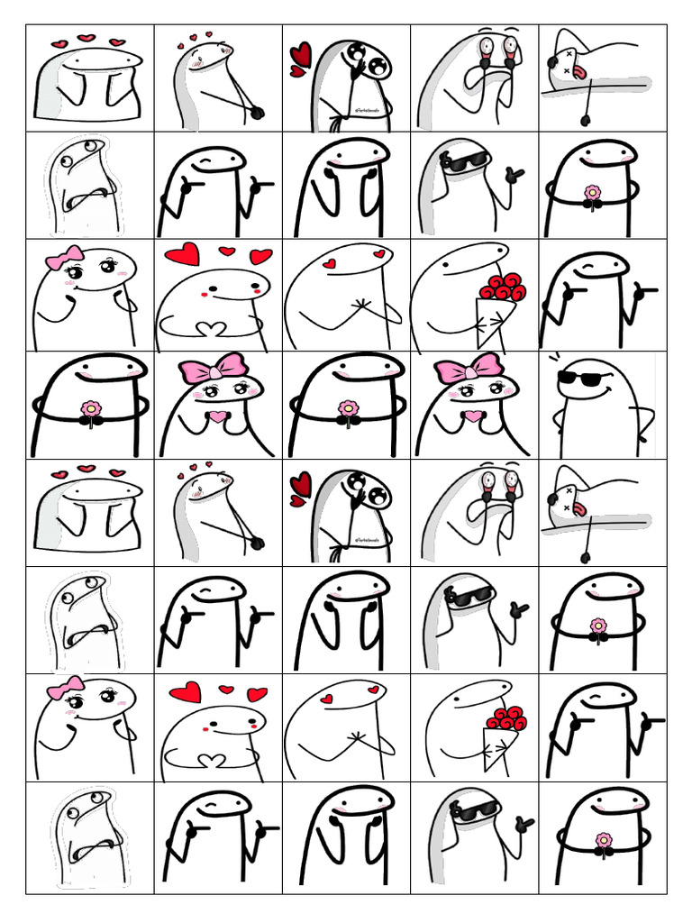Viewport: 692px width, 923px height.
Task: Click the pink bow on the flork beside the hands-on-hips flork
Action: click(x=468, y=368)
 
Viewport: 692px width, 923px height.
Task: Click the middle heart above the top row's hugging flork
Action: click(x=86, y=39)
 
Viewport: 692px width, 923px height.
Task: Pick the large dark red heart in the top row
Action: click(x=300, y=58)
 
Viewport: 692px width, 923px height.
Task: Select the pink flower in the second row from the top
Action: click(x=592, y=193)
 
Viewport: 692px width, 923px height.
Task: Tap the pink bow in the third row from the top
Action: click(x=64, y=260)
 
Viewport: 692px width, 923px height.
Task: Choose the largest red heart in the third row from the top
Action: click(x=182, y=256)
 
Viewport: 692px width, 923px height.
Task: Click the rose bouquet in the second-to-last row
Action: click(x=505, y=719)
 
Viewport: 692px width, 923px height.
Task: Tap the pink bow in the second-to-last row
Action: click(x=65, y=690)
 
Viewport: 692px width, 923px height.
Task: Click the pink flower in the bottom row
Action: click(x=603, y=840)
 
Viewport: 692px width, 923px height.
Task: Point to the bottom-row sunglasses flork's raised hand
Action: click(x=520, y=824)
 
